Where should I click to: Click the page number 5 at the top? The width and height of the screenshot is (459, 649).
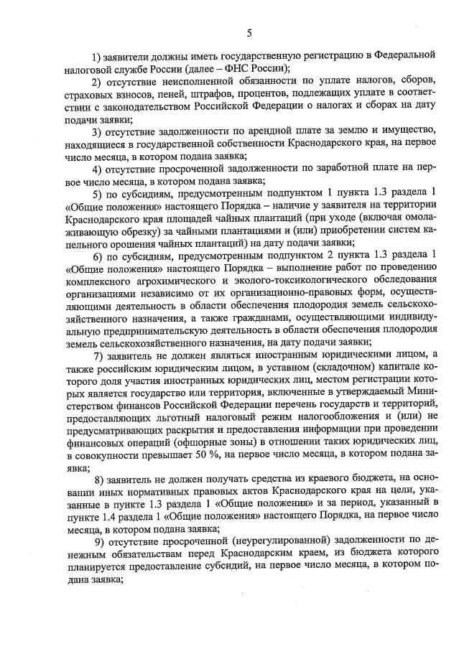[x=249, y=32]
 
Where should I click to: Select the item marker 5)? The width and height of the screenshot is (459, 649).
[x=100, y=195]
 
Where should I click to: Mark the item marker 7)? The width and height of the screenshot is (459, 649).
[x=103, y=357]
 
